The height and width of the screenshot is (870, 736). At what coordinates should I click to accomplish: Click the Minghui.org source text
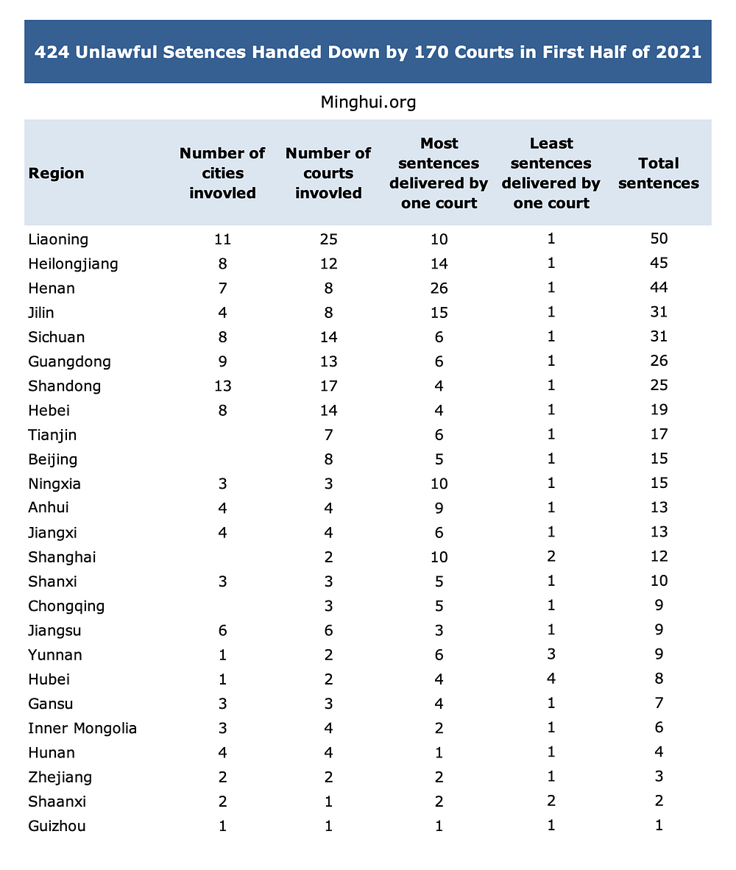pos(368,102)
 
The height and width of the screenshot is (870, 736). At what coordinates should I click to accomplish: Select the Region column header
pos(56,174)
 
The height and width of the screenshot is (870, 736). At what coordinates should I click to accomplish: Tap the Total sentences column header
pos(658,174)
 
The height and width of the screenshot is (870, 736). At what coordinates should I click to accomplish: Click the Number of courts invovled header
pos(328,174)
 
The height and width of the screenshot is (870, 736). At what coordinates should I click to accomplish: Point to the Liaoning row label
pos(58,239)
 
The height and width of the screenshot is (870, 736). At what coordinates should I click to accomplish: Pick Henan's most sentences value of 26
pos(439,289)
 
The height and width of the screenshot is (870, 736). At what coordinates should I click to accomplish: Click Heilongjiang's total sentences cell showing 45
pos(658,264)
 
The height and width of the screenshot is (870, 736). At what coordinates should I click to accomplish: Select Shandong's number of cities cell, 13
pos(222,386)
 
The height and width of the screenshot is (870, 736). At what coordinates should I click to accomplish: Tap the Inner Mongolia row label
pos(82,729)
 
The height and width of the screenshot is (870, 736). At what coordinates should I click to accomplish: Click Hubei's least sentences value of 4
pos(551,679)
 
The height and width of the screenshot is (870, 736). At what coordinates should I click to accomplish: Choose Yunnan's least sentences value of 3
pos(551,655)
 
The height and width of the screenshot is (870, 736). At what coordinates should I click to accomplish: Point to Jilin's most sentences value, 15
pos(439,313)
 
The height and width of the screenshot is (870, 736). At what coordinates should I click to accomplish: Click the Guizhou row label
pos(57,826)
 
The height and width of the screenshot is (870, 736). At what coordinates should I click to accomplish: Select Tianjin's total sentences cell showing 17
pos(658,435)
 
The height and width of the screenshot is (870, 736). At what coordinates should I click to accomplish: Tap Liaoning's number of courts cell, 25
pos(328,239)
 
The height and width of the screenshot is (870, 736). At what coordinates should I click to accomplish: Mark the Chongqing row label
pos(66,606)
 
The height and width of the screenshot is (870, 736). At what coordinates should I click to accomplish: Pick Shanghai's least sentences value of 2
pos(551,557)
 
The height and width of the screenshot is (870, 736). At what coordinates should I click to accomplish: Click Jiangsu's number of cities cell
pos(222,631)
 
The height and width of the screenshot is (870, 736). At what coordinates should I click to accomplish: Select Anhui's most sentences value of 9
pos(439,508)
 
